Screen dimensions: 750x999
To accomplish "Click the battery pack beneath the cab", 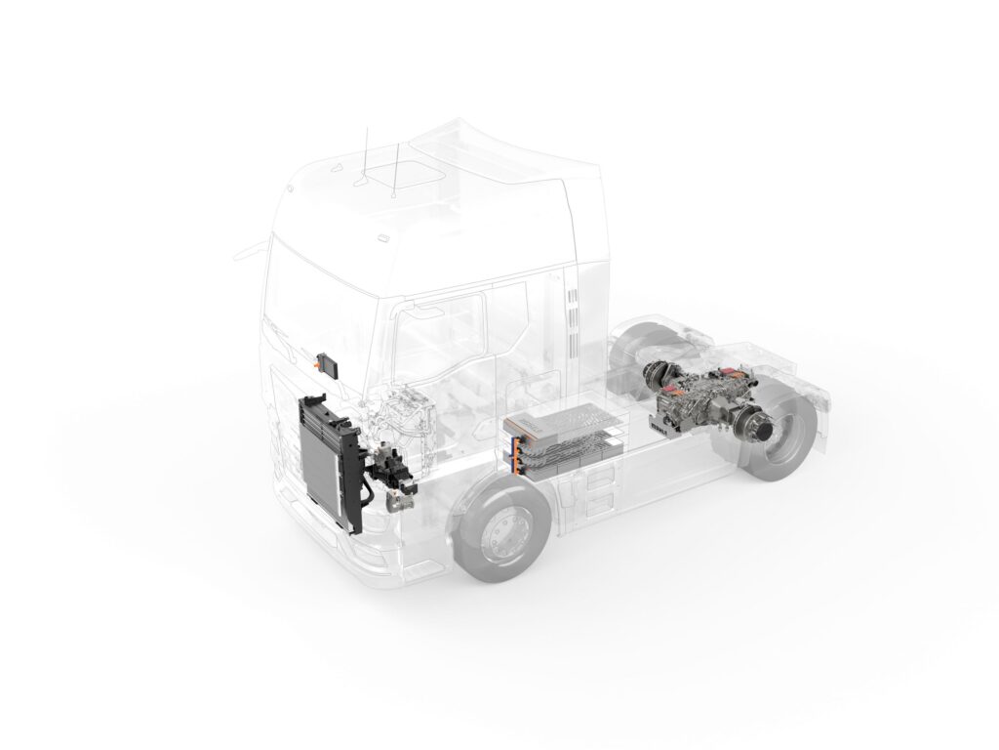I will tap(566, 439).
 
